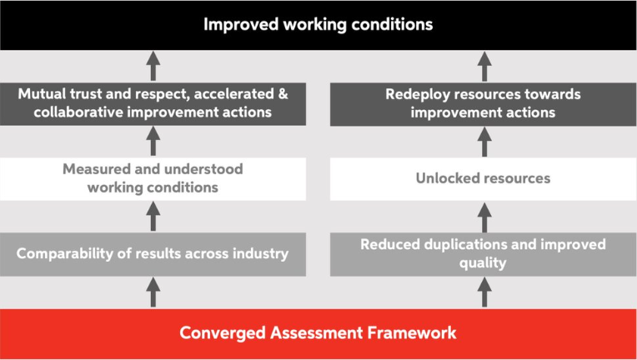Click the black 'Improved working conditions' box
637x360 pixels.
(x=318, y=25)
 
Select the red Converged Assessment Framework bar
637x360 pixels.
(x=318, y=333)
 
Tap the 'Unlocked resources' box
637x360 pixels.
(x=484, y=178)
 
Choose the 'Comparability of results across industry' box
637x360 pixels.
(x=153, y=254)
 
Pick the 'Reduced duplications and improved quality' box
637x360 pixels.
(x=484, y=254)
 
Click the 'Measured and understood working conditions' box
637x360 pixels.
(x=153, y=178)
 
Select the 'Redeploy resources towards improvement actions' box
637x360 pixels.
(x=484, y=104)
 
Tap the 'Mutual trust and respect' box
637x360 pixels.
(x=153, y=104)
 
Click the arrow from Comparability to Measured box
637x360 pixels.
(x=153, y=217)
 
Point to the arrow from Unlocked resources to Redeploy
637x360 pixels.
(x=484, y=142)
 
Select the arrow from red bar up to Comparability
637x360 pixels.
(x=153, y=292)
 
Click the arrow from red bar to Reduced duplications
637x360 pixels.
(x=484, y=292)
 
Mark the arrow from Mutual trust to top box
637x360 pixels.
(x=153, y=66)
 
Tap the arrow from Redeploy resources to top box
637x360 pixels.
(x=484, y=66)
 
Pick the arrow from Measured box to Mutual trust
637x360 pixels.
(x=153, y=142)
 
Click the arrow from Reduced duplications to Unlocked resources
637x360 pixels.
(x=484, y=217)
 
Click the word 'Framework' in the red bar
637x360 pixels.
(x=412, y=332)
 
